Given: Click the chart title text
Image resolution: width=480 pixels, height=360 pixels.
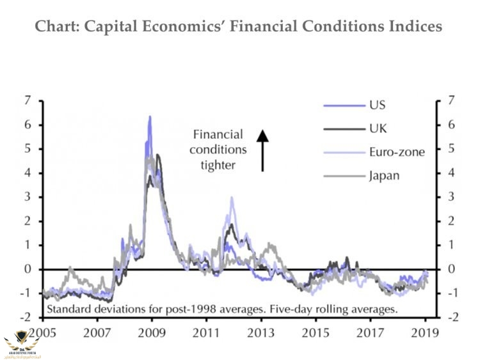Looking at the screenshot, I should [237, 27].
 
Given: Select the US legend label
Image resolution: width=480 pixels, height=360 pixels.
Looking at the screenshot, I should [377, 105].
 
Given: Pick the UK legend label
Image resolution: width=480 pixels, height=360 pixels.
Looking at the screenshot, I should [378, 129].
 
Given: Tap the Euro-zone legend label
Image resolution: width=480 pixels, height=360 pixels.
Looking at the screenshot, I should [396, 152].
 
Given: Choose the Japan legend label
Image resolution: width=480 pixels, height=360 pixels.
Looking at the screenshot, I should [384, 175].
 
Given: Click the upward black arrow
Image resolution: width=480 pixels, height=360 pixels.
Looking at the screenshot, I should [262, 151].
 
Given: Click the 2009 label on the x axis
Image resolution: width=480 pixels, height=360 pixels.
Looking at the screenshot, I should [149, 333].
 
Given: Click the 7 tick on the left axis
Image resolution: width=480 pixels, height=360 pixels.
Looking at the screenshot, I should [27, 100].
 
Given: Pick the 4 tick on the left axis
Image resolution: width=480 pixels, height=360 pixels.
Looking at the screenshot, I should [27, 173].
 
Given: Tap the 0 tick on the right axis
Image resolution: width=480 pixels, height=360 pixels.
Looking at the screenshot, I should [451, 269].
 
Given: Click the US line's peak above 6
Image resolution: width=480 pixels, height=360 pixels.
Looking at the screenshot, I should [150, 117].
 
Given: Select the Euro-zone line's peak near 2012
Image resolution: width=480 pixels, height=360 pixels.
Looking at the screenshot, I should [232, 198].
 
